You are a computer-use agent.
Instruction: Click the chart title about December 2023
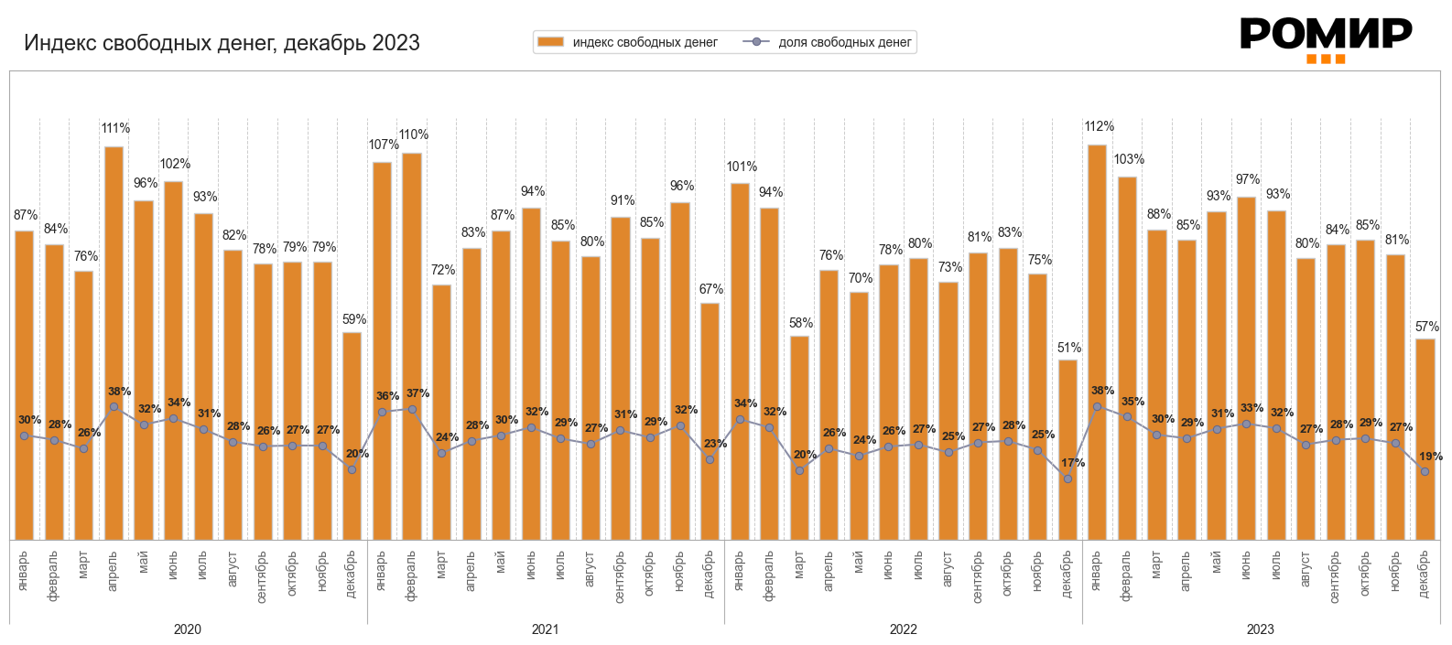pos(222,43)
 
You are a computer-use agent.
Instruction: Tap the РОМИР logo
pos(1326,38)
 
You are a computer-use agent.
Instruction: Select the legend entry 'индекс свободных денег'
pos(628,42)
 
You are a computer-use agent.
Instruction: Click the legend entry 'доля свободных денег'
pos(831,42)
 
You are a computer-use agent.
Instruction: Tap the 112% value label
pos(1099,126)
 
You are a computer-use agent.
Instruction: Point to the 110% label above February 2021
pos(413,134)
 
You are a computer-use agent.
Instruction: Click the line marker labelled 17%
pos(1067,478)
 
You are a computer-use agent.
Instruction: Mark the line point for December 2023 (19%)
pos(1425,471)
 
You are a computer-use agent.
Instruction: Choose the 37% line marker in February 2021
pos(412,409)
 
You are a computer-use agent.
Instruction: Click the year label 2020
pos(188,629)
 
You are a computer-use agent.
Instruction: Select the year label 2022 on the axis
pos(903,629)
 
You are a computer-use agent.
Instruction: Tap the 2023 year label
pos(1260,629)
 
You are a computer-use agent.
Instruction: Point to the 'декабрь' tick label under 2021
pos(710,574)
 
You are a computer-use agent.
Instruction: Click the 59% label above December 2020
pos(354,319)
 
